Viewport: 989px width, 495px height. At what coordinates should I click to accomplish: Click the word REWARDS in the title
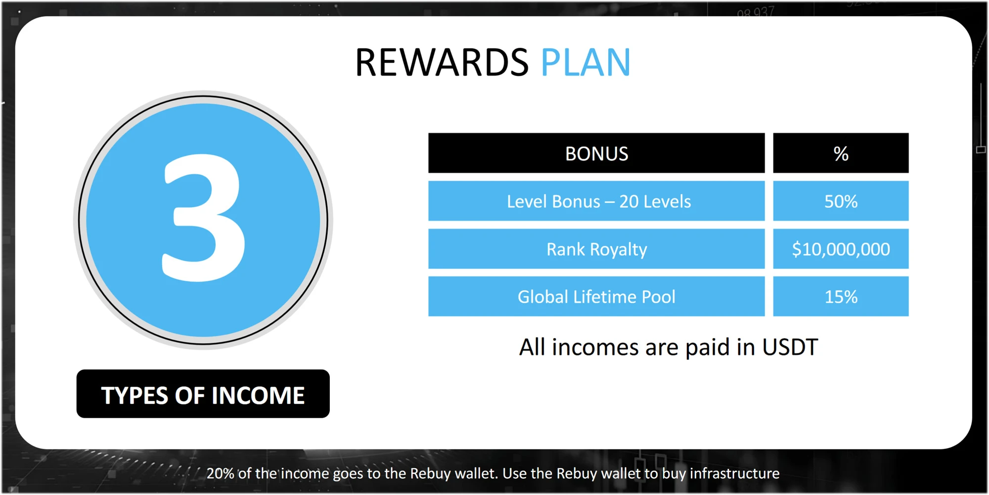(442, 63)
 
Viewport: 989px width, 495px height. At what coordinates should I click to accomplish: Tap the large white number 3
(204, 218)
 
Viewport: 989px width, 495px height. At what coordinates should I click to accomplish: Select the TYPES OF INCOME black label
(203, 394)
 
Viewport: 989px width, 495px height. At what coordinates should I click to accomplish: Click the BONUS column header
(596, 153)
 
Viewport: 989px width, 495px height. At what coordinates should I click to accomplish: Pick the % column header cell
(841, 153)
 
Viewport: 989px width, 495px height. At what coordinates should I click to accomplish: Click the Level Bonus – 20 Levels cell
(596, 201)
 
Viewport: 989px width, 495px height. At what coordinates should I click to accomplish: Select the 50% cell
(841, 201)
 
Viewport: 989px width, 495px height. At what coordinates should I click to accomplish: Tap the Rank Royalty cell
(596, 249)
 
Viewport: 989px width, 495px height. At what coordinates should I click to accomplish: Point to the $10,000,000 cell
(841, 249)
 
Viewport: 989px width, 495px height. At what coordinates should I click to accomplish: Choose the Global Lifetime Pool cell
(596, 296)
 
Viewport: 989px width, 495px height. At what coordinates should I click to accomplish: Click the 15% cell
(841, 296)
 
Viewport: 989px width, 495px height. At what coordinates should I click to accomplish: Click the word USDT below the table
(790, 347)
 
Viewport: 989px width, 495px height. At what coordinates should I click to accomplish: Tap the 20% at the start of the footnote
(221, 473)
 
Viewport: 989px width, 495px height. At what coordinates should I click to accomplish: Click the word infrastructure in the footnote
(734, 473)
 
